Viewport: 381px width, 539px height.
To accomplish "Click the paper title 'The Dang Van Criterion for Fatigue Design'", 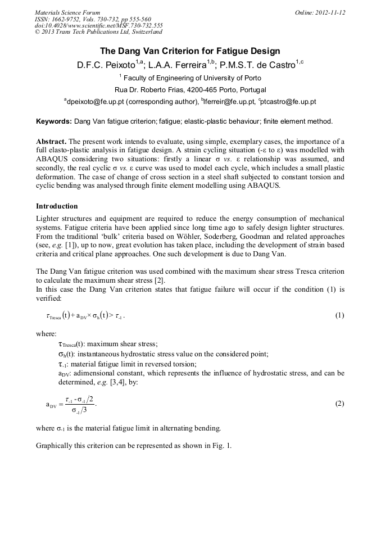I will click(190, 52).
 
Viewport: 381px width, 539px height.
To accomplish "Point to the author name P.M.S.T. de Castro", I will click(256, 65).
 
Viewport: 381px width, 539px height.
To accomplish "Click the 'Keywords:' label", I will click(54, 121).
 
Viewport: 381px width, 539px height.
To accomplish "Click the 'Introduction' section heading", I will click(57, 206).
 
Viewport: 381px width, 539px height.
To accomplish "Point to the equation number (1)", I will click(339, 315).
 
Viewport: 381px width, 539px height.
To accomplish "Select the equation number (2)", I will click(339, 404).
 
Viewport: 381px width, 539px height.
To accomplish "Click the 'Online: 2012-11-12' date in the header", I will click(319, 12).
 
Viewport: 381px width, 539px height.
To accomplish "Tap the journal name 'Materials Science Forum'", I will click(67, 12).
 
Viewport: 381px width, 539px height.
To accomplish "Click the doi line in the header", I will click(98, 26).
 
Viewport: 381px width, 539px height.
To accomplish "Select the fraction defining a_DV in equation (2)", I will click(78, 404).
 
